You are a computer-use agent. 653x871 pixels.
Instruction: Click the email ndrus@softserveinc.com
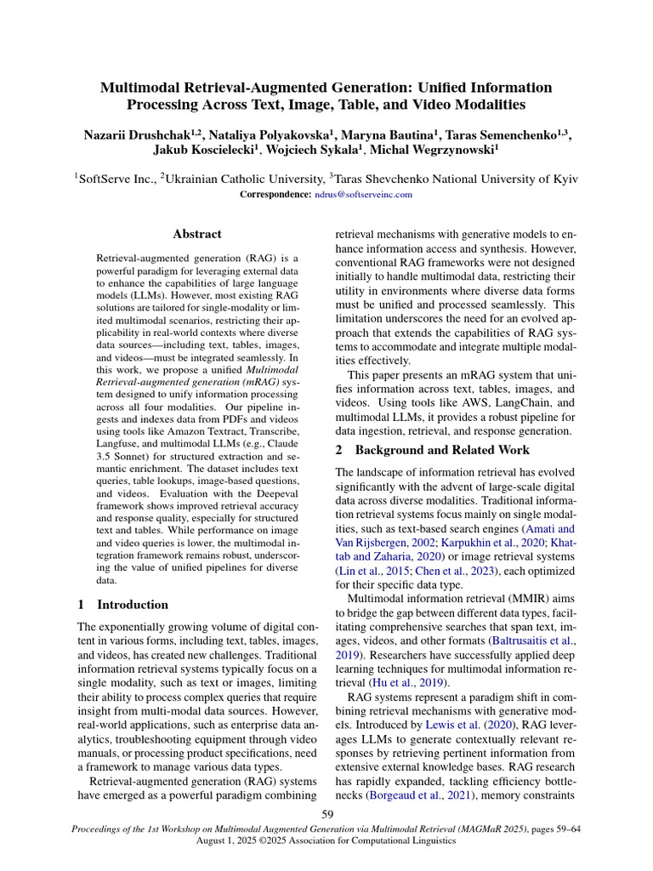(x=364, y=194)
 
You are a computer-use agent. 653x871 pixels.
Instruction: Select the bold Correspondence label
(x=275, y=194)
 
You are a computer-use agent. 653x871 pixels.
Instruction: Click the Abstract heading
(x=197, y=234)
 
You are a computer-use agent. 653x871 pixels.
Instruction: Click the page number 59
(x=326, y=815)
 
